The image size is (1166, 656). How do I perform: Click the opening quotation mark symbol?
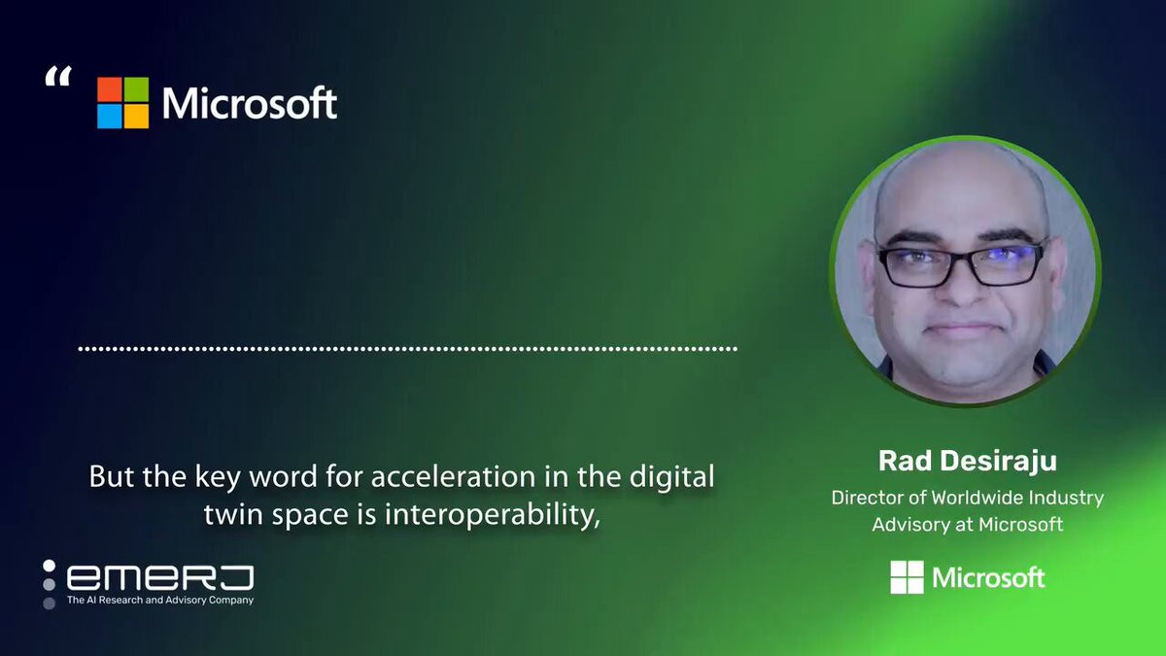[58, 76]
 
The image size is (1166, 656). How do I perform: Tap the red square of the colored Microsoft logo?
[109, 89]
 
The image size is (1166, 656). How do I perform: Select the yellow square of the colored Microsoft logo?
[136, 117]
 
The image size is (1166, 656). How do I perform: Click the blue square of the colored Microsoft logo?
[109, 117]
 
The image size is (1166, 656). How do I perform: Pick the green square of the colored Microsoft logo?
[136, 89]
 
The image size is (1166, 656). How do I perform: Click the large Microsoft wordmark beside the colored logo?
[250, 103]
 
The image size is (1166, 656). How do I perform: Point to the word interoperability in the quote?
[493, 515]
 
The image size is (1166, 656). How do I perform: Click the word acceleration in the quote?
[453, 476]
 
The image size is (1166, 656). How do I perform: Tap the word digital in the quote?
[671, 477]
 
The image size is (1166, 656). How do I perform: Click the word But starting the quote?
[112, 476]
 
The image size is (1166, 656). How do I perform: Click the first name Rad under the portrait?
[905, 461]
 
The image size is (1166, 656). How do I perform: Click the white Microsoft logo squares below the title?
[907, 577]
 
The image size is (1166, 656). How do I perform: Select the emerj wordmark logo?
[159, 577]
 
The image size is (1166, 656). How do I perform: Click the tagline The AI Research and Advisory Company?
[160, 601]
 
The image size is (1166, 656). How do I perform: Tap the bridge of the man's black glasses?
[961, 257]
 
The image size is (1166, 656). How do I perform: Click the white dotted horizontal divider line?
[407, 349]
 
